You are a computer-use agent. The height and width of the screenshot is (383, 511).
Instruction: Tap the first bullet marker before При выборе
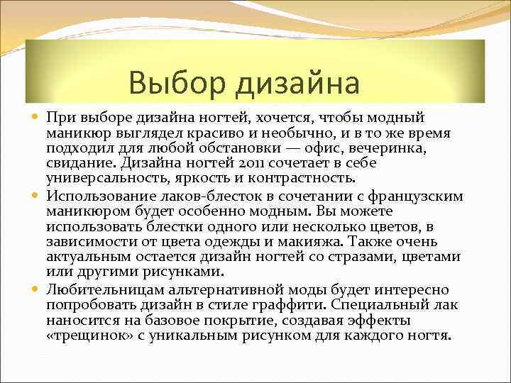35,116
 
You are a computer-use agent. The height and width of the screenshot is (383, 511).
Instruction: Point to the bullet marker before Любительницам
35,289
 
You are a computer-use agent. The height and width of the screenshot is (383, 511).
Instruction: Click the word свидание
81,164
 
